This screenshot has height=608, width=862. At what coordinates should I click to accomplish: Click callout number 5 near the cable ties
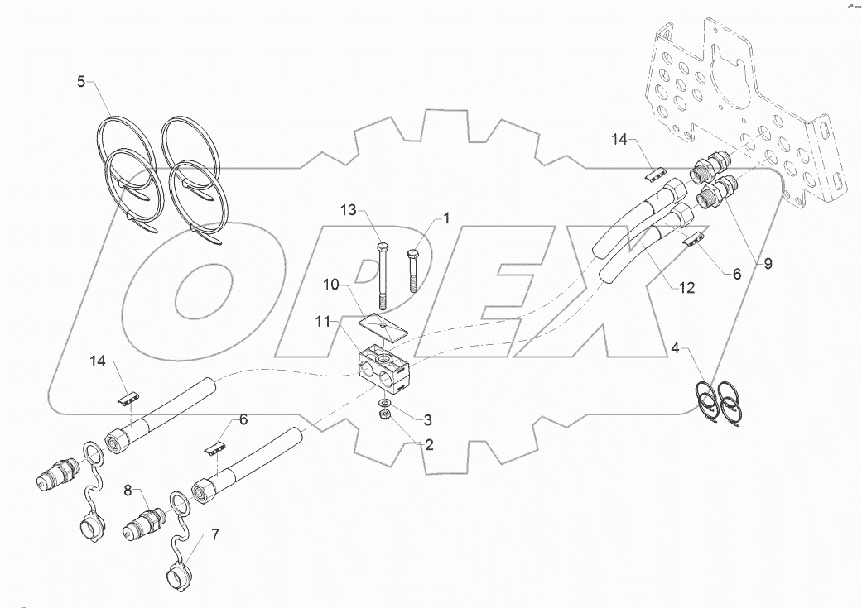81,82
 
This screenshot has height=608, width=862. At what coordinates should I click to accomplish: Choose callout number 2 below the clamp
429,443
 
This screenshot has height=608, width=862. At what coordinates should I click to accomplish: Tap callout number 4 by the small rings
676,347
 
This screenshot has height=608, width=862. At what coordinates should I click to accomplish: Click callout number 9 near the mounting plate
768,264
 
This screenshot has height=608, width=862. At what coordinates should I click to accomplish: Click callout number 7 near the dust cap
215,534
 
